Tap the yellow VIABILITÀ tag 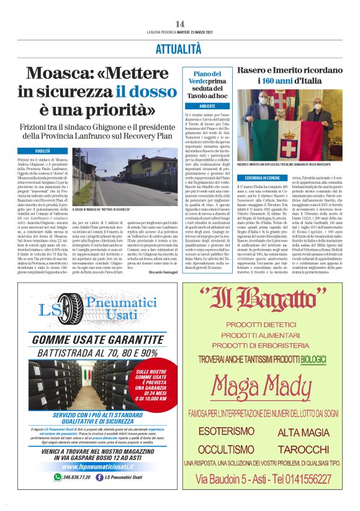click(43, 151)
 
